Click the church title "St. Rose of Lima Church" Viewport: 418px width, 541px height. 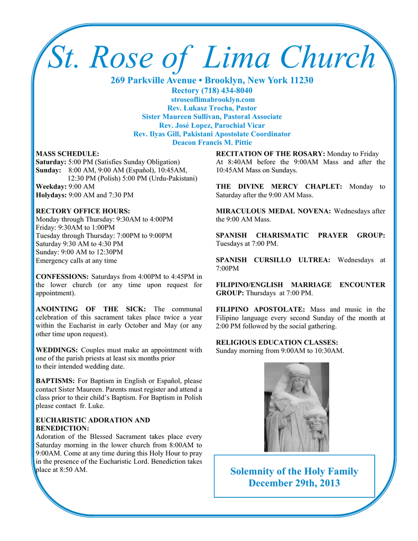(211, 58)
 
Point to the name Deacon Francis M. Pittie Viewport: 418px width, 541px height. (212, 142)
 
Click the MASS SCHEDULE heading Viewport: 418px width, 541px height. (67, 154)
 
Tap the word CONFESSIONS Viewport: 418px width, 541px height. (62, 276)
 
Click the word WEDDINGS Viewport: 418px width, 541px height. (57, 350)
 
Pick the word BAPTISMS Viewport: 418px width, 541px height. (55, 380)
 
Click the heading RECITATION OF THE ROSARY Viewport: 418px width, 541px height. (271, 154)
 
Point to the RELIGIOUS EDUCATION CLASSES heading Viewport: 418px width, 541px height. (277, 342)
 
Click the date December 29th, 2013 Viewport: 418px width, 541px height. (294, 483)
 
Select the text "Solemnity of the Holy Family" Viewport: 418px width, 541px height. (294, 471)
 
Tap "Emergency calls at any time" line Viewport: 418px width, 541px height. (76, 260)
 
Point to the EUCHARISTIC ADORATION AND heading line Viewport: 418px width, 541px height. (92, 420)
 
